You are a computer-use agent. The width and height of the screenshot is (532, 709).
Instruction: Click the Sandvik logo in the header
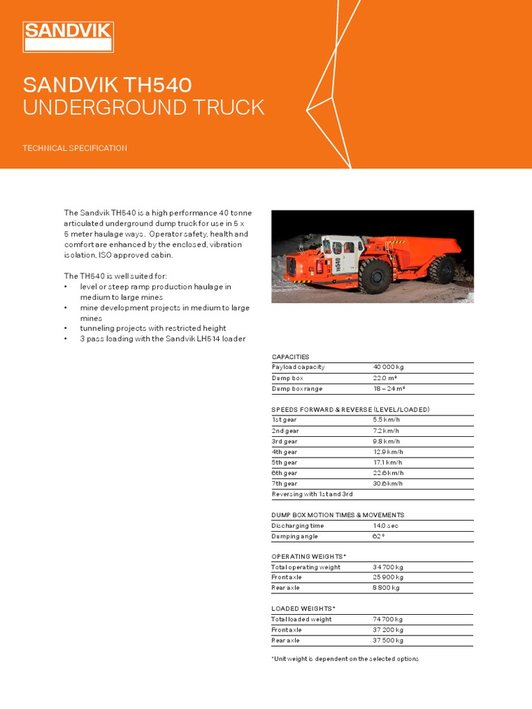click(68, 37)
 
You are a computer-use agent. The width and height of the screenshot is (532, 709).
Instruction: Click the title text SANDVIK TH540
click(107, 85)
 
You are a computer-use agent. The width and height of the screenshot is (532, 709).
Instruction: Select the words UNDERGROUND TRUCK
click(143, 108)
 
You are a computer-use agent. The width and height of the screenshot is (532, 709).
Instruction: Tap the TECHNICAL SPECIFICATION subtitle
click(75, 148)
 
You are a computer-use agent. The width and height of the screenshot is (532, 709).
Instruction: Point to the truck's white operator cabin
click(344, 252)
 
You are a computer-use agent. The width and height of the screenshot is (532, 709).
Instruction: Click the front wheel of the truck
click(375, 277)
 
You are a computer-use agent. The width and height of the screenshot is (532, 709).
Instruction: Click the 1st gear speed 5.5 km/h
click(387, 420)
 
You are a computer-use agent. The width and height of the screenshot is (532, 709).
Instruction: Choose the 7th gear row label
click(285, 483)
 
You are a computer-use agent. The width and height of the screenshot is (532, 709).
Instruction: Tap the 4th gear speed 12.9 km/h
click(388, 451)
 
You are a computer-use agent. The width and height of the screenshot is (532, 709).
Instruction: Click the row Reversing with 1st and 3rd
click(312, 494)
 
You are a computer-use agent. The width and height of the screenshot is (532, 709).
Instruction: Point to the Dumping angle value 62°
click(379, 536)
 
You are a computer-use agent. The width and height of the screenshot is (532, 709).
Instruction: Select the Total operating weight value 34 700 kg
click(388, 567)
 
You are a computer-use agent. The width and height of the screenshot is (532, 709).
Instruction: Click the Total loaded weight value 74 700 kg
click(388, 620)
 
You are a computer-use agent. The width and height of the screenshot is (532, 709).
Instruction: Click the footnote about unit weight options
click(345, 658)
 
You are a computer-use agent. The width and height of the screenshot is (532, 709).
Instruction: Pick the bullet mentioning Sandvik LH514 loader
click(163, 339)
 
